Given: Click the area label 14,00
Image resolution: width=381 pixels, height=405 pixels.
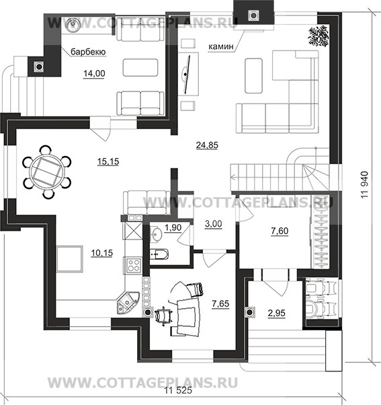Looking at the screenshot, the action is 94,73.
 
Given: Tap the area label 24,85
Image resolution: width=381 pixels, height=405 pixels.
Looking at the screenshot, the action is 207,145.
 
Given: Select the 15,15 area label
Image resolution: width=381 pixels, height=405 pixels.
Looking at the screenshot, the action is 108,161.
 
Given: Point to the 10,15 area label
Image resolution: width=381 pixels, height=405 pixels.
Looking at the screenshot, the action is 102,253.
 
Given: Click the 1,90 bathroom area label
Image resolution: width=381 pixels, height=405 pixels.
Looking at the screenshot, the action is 173,227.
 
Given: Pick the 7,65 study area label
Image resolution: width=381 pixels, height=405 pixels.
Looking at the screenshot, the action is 220,304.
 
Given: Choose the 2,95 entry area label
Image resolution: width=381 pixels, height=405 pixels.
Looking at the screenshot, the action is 277,314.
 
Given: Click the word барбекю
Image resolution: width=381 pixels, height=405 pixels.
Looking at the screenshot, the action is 88,52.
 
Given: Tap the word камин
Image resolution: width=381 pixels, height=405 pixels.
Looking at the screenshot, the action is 221,46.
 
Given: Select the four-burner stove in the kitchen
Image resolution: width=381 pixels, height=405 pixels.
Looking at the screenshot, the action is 132,265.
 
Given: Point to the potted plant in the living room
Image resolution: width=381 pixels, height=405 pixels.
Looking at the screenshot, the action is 318,36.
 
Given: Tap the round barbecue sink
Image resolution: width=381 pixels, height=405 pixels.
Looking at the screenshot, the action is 73,25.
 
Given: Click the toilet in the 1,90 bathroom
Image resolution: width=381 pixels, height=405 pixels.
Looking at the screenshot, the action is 159,254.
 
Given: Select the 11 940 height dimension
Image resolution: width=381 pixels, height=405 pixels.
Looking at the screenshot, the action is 366,185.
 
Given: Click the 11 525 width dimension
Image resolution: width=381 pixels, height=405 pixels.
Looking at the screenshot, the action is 178,391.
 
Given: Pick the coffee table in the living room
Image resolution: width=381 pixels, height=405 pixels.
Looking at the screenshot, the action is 253,75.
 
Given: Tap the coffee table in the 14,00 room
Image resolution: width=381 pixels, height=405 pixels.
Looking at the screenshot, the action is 140,67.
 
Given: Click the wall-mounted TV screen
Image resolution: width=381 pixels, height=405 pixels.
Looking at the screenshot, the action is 187,74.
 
